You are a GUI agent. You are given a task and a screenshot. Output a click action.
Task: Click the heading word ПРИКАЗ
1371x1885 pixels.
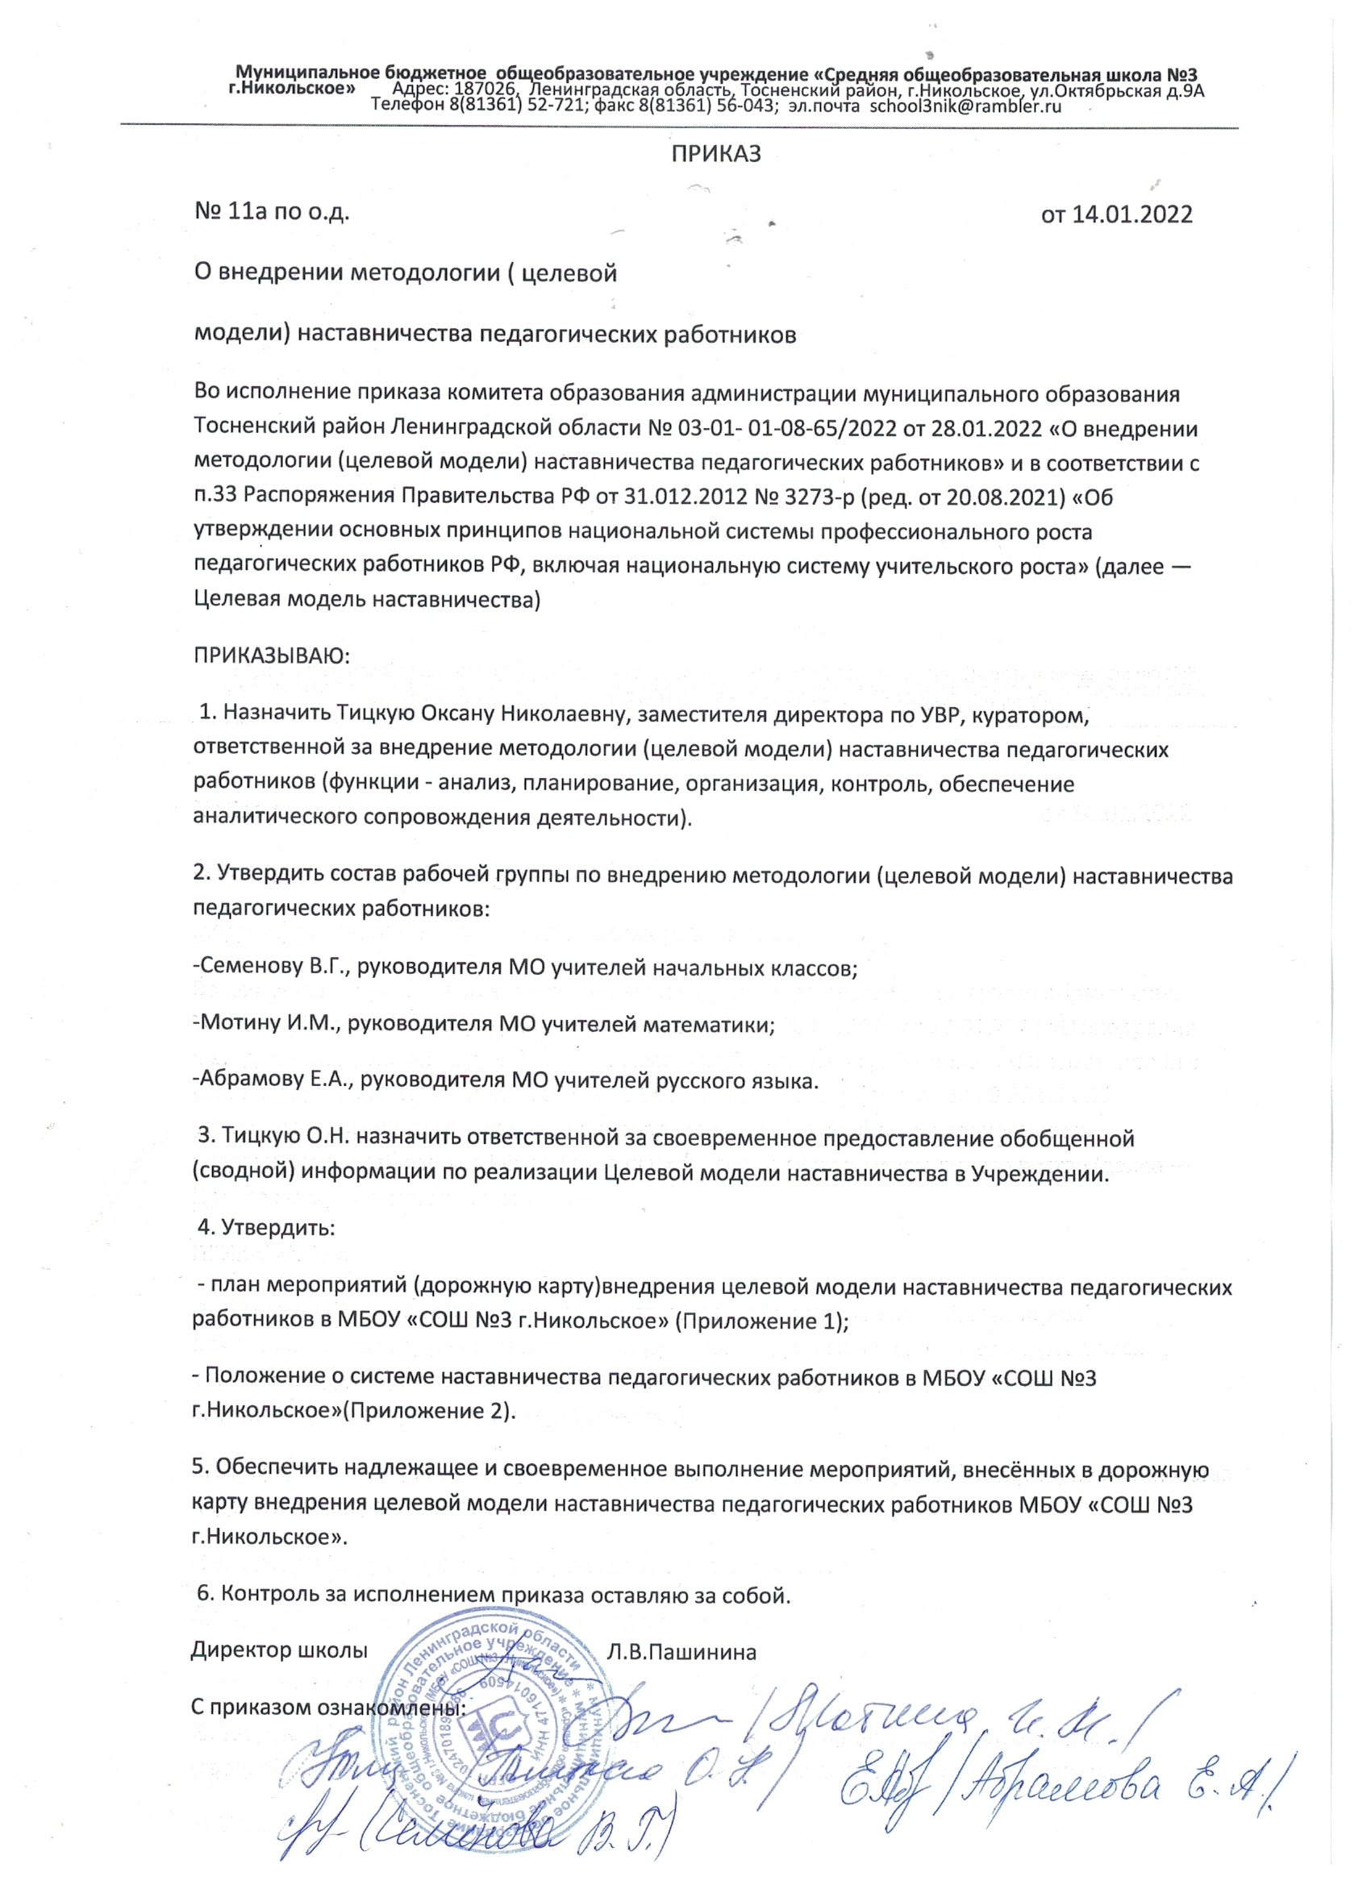[x=716, y=154]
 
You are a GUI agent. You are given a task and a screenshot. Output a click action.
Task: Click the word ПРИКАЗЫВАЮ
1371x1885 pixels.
[x=271, y=655]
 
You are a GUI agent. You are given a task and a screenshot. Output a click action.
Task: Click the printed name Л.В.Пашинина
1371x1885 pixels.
[x=681, y=1651]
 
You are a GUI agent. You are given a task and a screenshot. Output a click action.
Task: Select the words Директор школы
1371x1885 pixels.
[x=279, y=1650]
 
